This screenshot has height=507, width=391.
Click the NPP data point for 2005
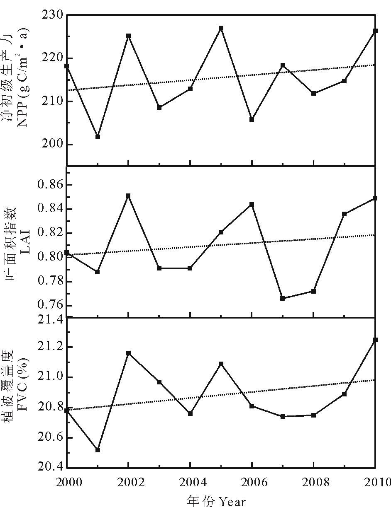pyautogui.click(x=221, y=28)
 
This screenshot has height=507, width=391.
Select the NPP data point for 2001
pyautogui.click(x=98, y=136)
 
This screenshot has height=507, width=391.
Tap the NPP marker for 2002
pyautogui.click(x=129, y=36)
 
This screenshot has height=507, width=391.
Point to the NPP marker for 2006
pyautogui.click(x=252, y=119)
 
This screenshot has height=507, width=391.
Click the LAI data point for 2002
pyautogui.click(x=129, y=196)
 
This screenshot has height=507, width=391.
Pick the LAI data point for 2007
pyautogui.click(x=283, y=298)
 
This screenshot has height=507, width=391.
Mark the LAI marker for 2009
pyautogui.click(x=345, y=214)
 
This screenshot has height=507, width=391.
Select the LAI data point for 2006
pyautogui.click(x=252, y=204)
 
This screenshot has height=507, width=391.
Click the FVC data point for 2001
pyautogui.click(x=98, y=450)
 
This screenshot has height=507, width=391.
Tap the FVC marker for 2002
pyautogui.click(x=129, y=353)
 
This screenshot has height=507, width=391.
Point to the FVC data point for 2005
pyautogui.click(x=221, y=364)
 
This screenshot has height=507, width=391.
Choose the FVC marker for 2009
pyautogui.click(x=345, y=394)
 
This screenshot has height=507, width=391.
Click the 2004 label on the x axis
pyautogui.click(x=190, y=483)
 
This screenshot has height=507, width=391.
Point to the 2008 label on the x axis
pyautogui.click(x=314, y=483)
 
